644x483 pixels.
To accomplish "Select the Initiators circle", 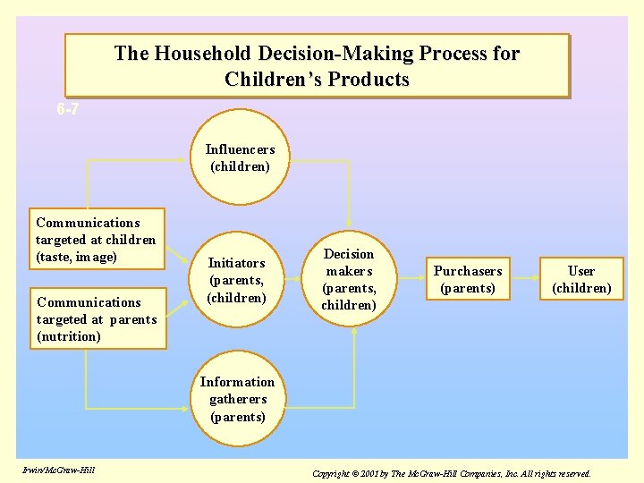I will (x=237, y=280).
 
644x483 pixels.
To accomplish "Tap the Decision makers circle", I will (x=349, y=280).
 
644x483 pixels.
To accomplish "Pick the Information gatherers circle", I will (x=237, y=400).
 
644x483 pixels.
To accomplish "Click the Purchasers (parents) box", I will (x=468, y=280).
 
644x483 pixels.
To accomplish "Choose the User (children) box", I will (x=581, y=279).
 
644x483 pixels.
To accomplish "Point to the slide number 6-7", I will (x=67, y=110).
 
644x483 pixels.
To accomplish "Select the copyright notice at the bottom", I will (x=451, y=472).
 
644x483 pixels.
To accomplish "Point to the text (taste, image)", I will (x=77, y=257).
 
